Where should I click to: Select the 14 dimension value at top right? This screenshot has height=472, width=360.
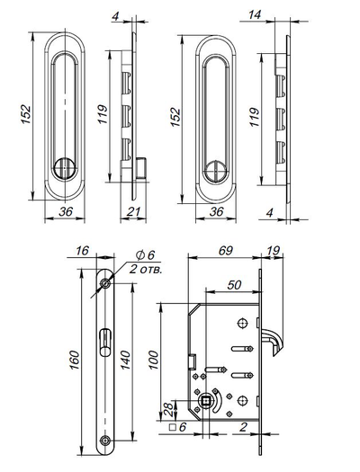click(x=256, y=16)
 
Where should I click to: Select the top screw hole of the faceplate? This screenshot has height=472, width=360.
click(x=106, y=284)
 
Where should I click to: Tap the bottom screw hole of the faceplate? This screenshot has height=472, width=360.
click(x=106, y=440)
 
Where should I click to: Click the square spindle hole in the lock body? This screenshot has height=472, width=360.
click(x=212, y=402)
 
